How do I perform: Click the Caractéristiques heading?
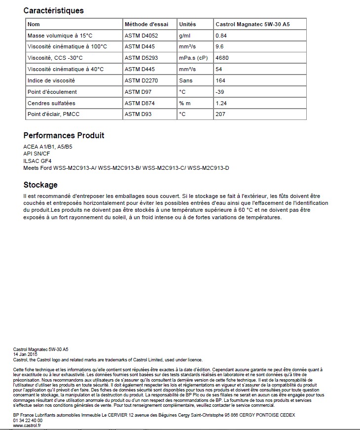tap(54, 10)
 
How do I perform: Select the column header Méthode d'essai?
tap(146, 24)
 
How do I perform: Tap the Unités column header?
tap(187, 24)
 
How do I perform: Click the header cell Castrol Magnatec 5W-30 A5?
tap(252, 24)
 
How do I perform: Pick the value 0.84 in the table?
tap(221, 36)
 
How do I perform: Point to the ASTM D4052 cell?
tap(142, 36)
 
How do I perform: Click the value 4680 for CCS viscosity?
tap(222, 58)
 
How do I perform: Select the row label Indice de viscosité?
tap(51, 80)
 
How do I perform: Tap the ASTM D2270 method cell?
tap(142, 80)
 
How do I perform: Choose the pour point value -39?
tap(220, 92)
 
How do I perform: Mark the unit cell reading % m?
tap(185, 103)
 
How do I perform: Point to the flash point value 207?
tap(220, 115)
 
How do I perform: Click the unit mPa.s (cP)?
tap(193, 58)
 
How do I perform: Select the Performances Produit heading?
tap(64, 135)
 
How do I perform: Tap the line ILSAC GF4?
tap(37, 161)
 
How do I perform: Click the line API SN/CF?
tap(37, 154)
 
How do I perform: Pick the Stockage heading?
tap(40, 185)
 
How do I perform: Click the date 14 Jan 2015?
tap(25, 354)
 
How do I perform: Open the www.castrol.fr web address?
tap(27, 425)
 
